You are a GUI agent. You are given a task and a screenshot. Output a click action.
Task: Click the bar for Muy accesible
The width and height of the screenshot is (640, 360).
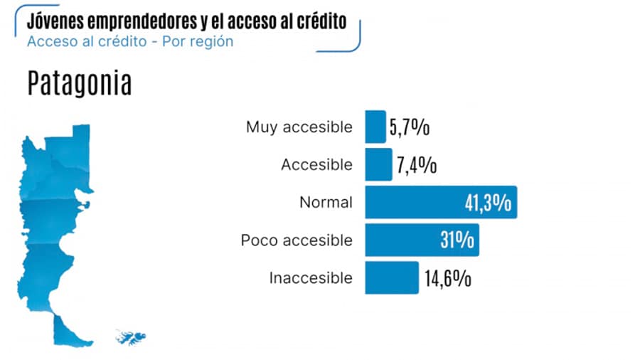(x=375, y=127)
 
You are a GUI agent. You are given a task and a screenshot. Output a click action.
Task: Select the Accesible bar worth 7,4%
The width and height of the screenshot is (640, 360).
(x=378, y=164)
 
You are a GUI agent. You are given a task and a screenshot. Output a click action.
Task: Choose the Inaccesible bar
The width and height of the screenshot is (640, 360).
(x=391, y=277)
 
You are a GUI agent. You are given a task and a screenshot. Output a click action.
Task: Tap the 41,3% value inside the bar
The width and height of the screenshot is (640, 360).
(x=488, y=203)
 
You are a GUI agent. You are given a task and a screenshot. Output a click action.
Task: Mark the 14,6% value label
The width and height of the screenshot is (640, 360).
(x=447, y=278)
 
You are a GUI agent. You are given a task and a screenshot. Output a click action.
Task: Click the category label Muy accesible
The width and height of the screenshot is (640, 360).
(x=299, y=127)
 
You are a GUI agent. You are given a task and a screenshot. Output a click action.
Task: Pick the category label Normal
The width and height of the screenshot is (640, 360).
(x=326, y=202)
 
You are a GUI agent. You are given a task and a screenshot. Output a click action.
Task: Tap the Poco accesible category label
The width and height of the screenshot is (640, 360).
(x=297, y=240)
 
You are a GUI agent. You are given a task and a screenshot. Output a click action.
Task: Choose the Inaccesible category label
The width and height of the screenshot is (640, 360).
(x=310, y=277)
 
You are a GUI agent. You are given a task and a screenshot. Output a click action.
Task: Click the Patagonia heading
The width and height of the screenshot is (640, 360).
(x=80, y=83)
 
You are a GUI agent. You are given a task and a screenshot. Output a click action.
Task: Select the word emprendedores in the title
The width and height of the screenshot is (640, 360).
(x=137, y=21)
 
